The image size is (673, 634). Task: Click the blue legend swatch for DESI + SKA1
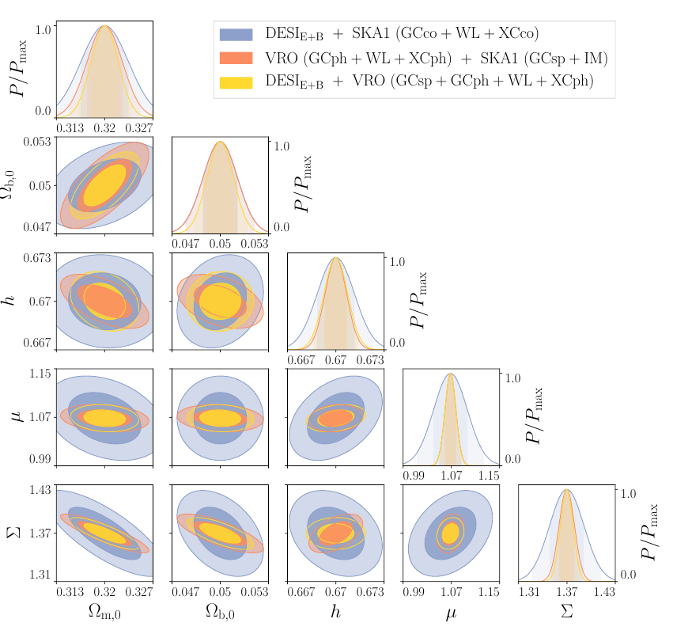point(236,34)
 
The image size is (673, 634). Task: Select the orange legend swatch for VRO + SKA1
point(236,58)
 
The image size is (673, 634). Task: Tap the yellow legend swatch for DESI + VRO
point(236,82)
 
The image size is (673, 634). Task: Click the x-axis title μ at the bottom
point(451,613)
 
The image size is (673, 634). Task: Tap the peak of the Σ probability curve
point(567,490)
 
